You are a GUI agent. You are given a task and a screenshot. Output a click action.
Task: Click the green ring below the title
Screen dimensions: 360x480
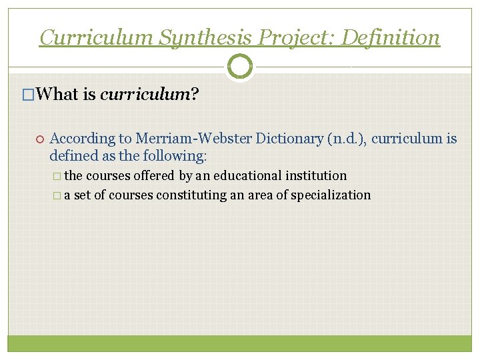(x=240, y=67)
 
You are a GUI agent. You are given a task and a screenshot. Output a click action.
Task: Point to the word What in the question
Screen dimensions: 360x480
(x=59, y=94)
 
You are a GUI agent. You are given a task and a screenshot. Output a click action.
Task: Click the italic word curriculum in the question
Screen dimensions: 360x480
(x=145, y=94)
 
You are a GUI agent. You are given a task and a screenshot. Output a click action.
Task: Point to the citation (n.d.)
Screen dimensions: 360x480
(x=347, y=139)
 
